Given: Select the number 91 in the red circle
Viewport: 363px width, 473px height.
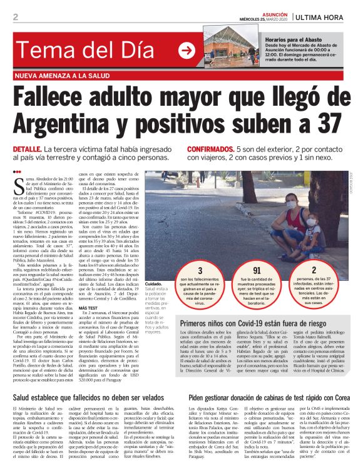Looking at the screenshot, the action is (x=257, y=270).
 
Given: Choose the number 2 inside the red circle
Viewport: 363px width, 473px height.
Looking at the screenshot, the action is (x=314, y=270).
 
